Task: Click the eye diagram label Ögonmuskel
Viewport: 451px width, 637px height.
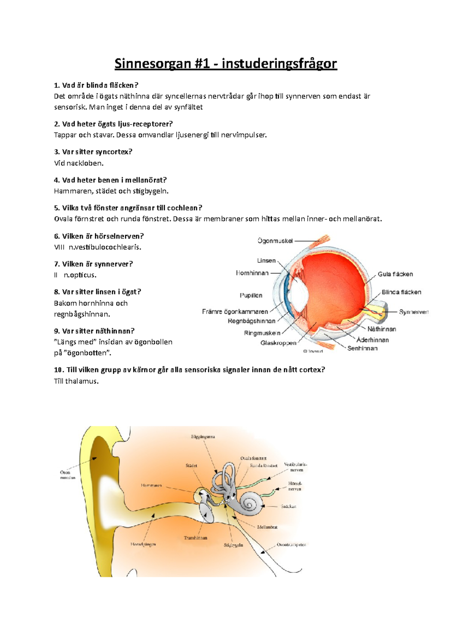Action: pos(275,241)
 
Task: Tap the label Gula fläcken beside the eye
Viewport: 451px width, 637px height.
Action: pos(395,274)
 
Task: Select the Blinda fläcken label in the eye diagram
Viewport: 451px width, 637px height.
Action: pos(401,292)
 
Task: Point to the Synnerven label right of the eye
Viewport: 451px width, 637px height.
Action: pos(413,312)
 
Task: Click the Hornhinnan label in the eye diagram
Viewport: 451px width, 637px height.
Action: pos(252,273)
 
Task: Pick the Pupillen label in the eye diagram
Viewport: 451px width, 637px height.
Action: pos(251,296)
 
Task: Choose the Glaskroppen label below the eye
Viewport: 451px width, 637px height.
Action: pos(278,343)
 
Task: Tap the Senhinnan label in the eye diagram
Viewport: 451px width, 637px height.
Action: pos(362,349)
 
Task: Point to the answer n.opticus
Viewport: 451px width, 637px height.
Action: pos(80,275)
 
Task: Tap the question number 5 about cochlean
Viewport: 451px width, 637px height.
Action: pos(57,208)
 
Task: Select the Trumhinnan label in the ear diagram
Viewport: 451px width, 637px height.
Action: pos(195,538)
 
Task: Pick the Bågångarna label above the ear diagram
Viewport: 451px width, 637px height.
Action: pos(203,437)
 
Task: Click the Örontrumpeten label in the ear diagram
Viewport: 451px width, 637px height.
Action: pos(291,545)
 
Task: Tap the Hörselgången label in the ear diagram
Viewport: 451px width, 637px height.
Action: pos(143,544)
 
